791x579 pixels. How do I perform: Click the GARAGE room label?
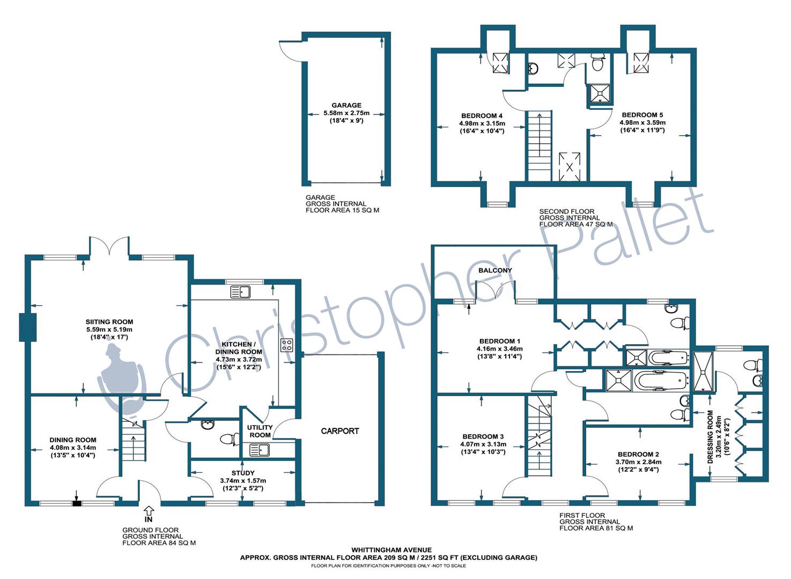click(x=346, y=105)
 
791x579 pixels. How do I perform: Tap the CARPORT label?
click(x=340, y=431)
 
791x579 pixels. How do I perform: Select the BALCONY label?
click(x=495, y=270)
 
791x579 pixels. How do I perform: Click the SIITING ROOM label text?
click(x=109, y=322)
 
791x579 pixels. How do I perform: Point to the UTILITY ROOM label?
click(x=260, y=431)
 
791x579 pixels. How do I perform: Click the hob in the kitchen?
click(x=287, y=345)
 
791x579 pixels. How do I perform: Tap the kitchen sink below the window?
click(x=240, y=292)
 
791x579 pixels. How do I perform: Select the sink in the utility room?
click(x=259, y=450)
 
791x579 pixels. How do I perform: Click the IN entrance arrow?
click(x=149, y=510)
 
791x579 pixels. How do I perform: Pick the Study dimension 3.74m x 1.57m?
click(x=243, y=480)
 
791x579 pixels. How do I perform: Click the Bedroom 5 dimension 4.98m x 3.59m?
click(x=642, y=123)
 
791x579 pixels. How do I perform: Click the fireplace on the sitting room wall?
click(x=28, y=327)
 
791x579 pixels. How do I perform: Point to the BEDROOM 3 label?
click(x=483, y=436)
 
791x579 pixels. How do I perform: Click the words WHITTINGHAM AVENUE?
click(x=391, y=550)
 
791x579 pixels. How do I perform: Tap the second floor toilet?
click(x=597, y=62)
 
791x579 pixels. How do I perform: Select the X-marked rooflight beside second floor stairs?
click(x=569, y=167)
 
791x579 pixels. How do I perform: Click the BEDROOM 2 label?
click(x=638, y=455)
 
